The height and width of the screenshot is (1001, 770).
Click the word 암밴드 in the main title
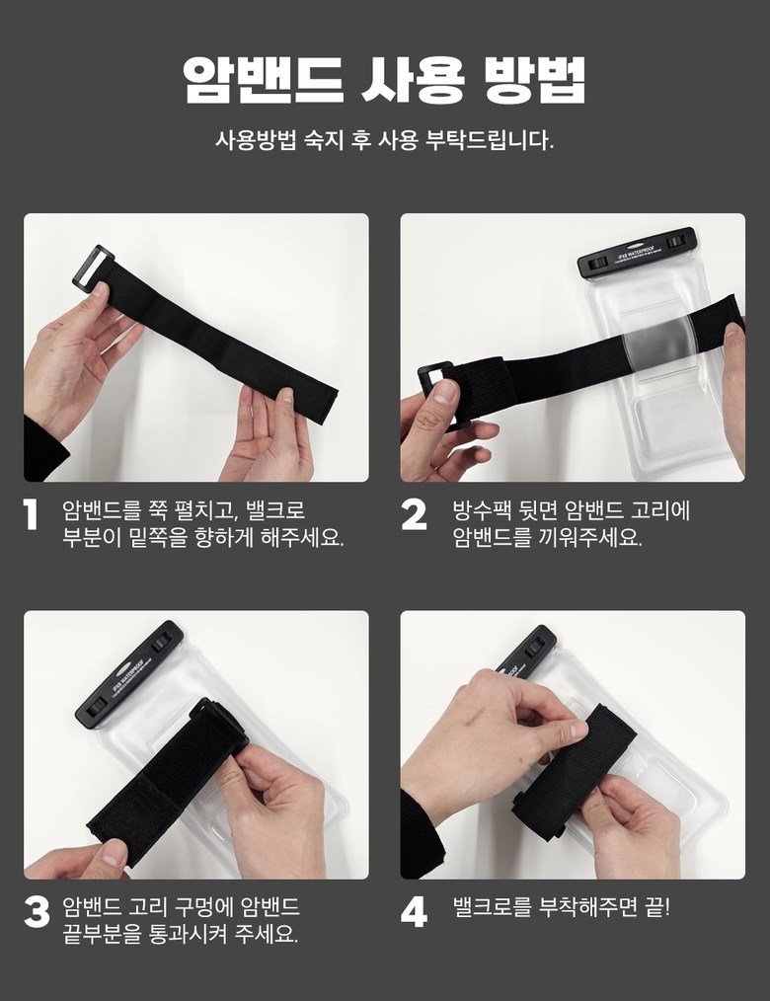tap(264, 80)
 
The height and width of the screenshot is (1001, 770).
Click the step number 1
tap(30, 514)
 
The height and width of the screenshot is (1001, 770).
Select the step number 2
tap(414, 514)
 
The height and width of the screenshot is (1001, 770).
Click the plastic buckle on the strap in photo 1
tap(93, 267)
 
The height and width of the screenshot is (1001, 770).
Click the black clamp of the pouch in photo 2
tap(636, 253)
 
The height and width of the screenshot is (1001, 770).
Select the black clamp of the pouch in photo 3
tap(129, 674)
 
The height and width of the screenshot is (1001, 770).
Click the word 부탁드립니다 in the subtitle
tap(489, 140)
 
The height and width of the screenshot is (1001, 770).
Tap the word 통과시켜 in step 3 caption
tap(189, 934)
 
